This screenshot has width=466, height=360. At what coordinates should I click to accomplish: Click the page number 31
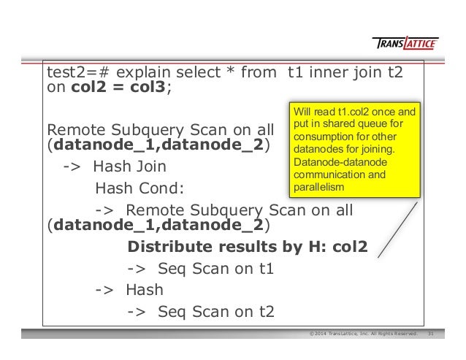[431, 334]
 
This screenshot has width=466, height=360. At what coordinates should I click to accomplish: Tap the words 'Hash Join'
[129, 166]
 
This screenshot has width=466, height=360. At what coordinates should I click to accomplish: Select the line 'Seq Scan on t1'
[202, 268]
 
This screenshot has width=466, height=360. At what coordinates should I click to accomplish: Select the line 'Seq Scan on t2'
[202, 313]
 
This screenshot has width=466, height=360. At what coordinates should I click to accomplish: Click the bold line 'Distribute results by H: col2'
[247, 246]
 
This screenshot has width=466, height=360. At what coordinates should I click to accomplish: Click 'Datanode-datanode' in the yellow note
[330, 164]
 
